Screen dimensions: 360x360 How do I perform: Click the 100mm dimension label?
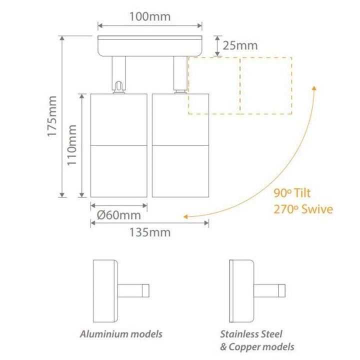(x=150, y=16)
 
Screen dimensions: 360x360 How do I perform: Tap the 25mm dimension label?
(x=240, y=45)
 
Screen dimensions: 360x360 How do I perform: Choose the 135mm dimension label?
(x=149, y=232)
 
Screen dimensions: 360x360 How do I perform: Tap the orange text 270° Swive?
(x=303, y=209)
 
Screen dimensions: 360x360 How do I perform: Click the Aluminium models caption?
(x=121, y=333)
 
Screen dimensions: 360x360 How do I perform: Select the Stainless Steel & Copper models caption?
(x=257, y=340)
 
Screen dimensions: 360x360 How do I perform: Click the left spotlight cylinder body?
(x=118, y=145)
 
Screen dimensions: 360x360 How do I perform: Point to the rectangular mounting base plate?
(x=149, y=46)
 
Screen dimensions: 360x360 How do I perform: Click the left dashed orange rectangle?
(x=214, y=85)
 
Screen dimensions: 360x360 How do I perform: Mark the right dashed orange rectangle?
(x=266, y=85)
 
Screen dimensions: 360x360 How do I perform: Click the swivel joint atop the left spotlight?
(x=118, y=87)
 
